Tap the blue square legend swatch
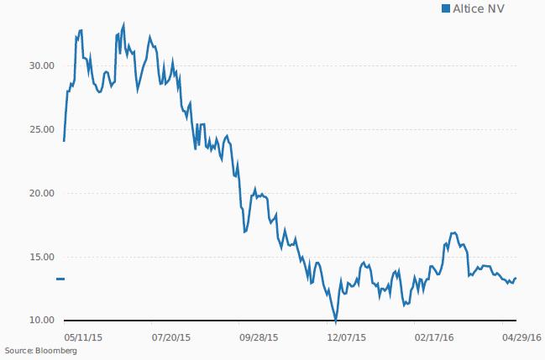[446, 9]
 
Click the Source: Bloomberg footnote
[40, 351]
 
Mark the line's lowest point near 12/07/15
[335, 321]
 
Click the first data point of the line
[64, 140]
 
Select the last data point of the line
[516, 278]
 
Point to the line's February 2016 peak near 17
[453, 232]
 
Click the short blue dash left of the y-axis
[60, 279]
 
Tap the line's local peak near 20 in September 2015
[255, 189]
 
